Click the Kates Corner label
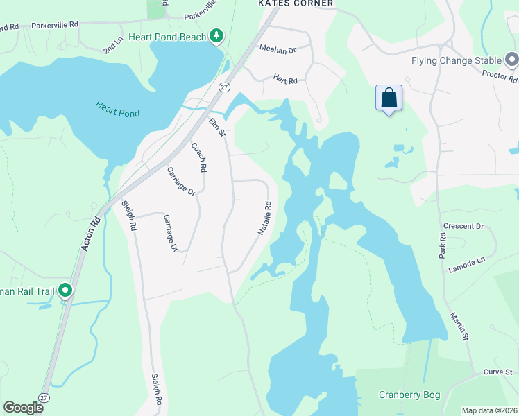point(296,3)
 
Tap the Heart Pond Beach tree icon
point(217,35)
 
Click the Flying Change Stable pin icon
point(512,60)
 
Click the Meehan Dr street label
point(277,49)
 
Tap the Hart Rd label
point(285,80)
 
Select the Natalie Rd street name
point(264,218)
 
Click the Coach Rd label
point(199,157)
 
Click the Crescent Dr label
point(463,226)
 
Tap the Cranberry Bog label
point(409,395)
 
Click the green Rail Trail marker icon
point(65,289)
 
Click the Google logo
point(23,408)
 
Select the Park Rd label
point(443,246)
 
